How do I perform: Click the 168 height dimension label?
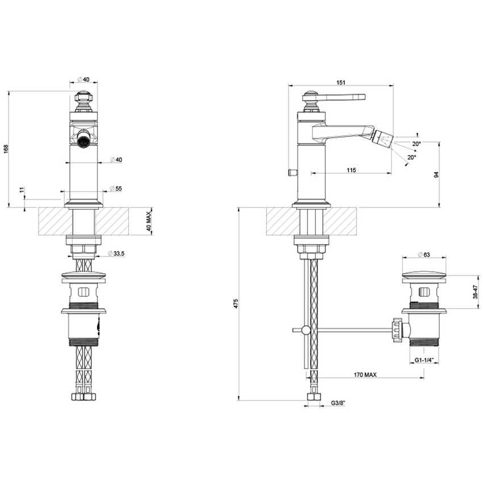tap(6, 148)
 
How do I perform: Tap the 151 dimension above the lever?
tap(340, 82)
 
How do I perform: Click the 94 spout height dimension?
tap(436, 175)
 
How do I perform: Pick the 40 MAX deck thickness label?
tap(148, 221)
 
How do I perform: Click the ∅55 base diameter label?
tap(116, 189)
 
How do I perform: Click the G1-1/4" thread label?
tap(424, 360)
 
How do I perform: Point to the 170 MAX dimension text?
tap(365, 375)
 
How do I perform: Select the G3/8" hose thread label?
tap(338, 403)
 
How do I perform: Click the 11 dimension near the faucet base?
tap(22, 189)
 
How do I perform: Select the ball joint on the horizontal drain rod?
tap(306, 330)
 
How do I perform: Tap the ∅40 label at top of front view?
tap(84, 79)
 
